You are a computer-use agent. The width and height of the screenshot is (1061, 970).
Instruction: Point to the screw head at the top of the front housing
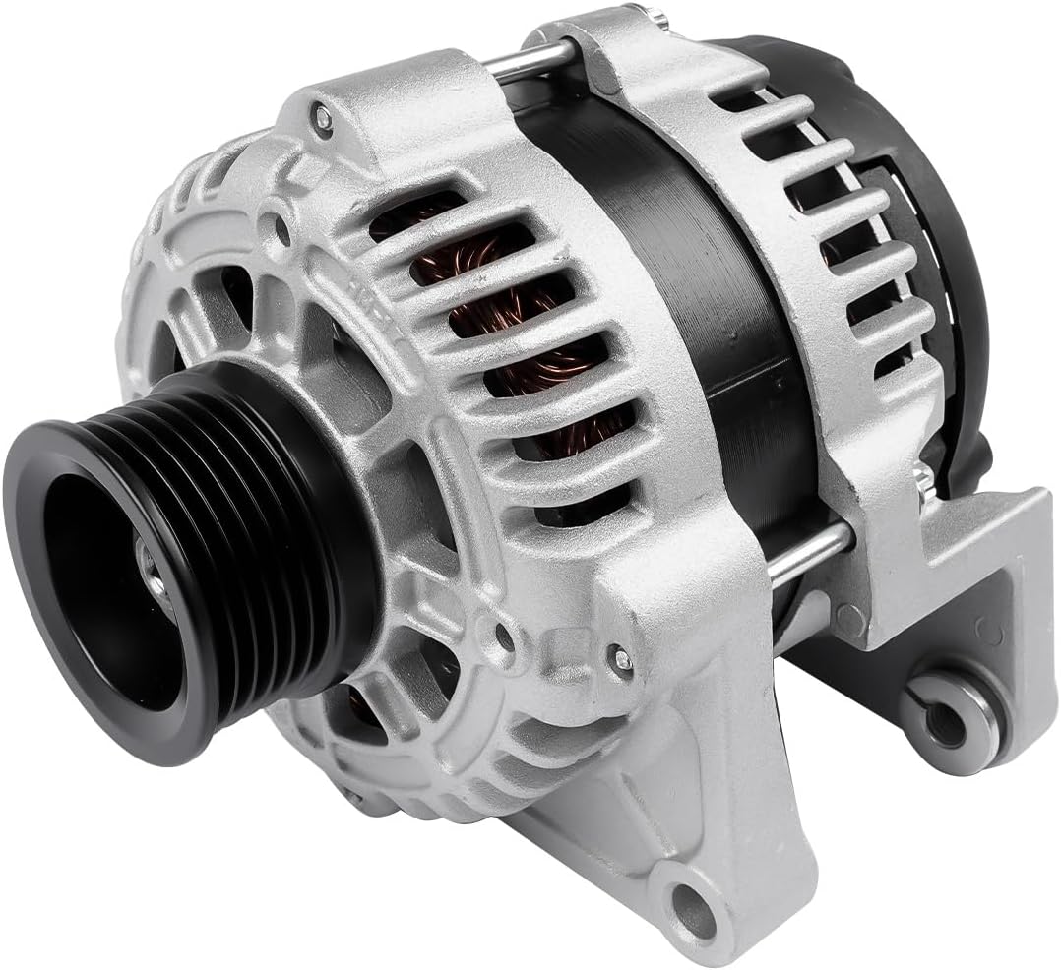pyautogui.click(x=322, y=118)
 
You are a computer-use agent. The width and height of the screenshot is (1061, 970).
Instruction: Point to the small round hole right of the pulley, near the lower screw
pyautogui.click(x=505, y=637)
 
